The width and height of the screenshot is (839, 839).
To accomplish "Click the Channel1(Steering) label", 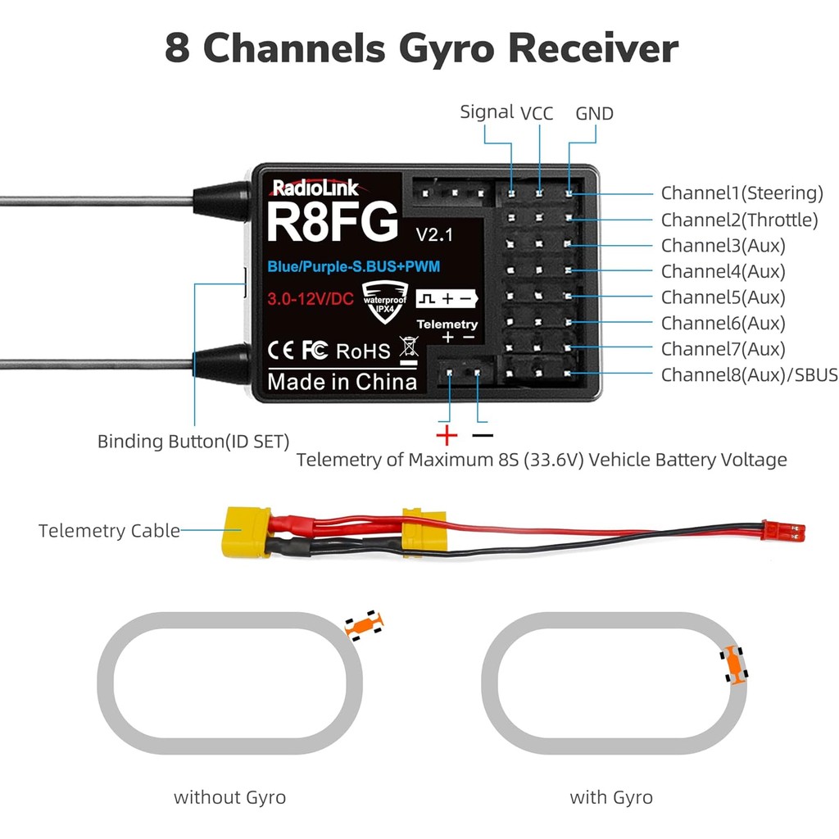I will pyautogui.click(x=741, y=193).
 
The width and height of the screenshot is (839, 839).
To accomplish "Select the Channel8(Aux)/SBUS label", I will pyautogui.click(x=749, y=375).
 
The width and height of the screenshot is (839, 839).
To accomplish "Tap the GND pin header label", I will pyautogui.click(x=594, y=114).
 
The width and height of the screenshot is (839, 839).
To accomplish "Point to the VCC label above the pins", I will pyautogui.click(x=537, y=113).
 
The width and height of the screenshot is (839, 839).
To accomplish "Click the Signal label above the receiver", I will pyautogui.click(x=487, y=112).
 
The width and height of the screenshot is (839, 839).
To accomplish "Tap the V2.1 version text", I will pyautogui.click(x=434, y=234).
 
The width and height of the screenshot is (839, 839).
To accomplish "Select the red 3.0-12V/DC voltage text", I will pyautogui.click(x=310, y=299).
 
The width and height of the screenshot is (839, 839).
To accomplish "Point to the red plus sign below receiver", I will pyautogui.click(x=447, y=434).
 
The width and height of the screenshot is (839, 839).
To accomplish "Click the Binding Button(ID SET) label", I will pyautogui.click(x=193, y=442).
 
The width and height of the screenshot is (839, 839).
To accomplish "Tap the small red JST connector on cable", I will pyautogui.click(x=782, y=530).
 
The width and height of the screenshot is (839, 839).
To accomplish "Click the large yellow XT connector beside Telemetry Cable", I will pyautogui.click(x=246, y=532).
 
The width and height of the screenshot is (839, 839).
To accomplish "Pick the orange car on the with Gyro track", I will pyautogui.click(x=734, y=664).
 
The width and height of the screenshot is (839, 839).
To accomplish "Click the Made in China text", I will pyautogui.click(x=342, y=382).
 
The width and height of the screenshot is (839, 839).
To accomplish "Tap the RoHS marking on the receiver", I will pyautogui.click(x=363, y=351).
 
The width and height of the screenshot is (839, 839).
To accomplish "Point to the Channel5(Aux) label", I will pyautogui.click(x=723, y=297).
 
